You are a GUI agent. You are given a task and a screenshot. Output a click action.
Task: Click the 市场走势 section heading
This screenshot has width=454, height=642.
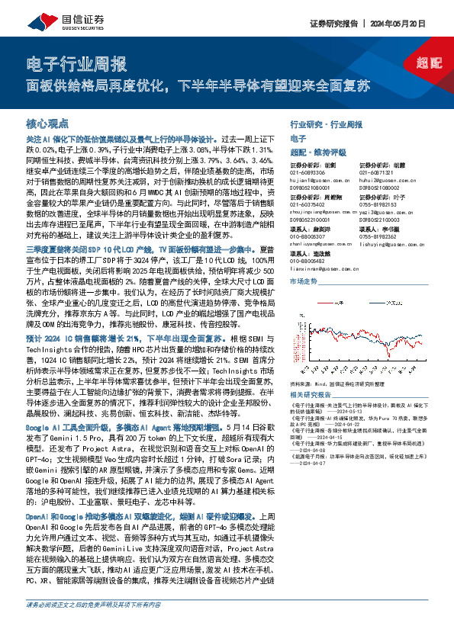point(303,281)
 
